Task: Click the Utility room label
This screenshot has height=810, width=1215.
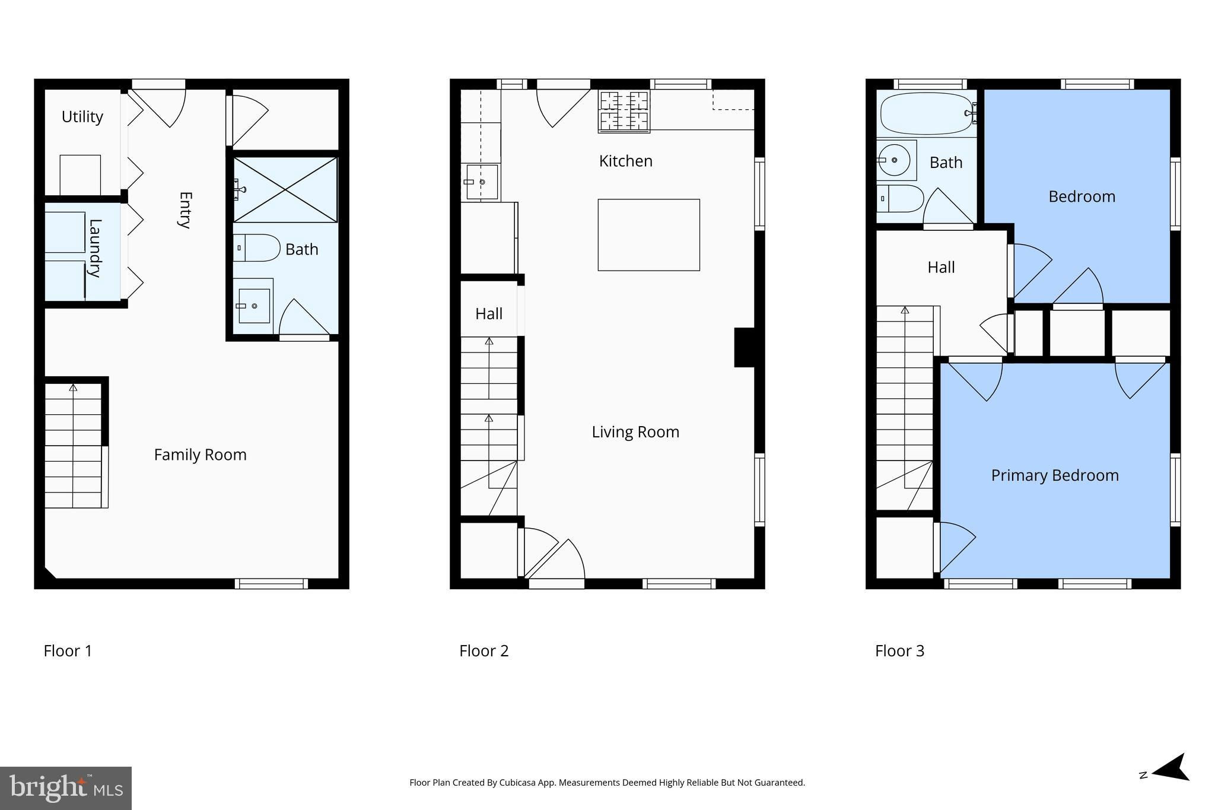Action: [x=82, y=117]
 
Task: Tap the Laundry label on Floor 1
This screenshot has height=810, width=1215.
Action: [x=95, y=248]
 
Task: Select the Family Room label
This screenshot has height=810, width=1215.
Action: [x=200, y=455]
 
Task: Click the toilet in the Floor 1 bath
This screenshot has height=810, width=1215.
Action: [x=256, y=248]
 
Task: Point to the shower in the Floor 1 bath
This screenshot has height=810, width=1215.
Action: [x=285, y=189]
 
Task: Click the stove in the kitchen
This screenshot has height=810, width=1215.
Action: [x=624, y=111]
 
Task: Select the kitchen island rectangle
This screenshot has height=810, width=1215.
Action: [x=648, y=235]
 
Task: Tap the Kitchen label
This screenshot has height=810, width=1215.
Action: [x=626, y=161]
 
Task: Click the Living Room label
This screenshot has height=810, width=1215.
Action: [x=635, y=432]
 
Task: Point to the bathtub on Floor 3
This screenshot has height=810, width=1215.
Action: [x=927, y=113]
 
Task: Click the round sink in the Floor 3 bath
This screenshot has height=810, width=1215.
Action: [x=894, y=160]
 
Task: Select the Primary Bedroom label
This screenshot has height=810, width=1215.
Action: [x=1055, y=475]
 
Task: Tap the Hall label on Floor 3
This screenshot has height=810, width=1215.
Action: [x=941, y=268]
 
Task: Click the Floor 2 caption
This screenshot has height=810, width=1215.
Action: [x=484, y=651]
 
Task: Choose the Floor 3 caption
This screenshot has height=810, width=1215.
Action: [x=900, y=651]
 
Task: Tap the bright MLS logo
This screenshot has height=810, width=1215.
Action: [x=66, y=788]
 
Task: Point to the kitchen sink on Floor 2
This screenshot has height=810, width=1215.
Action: [x=482, y=182]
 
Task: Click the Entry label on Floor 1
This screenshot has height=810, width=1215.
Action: [x=185, y=210]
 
